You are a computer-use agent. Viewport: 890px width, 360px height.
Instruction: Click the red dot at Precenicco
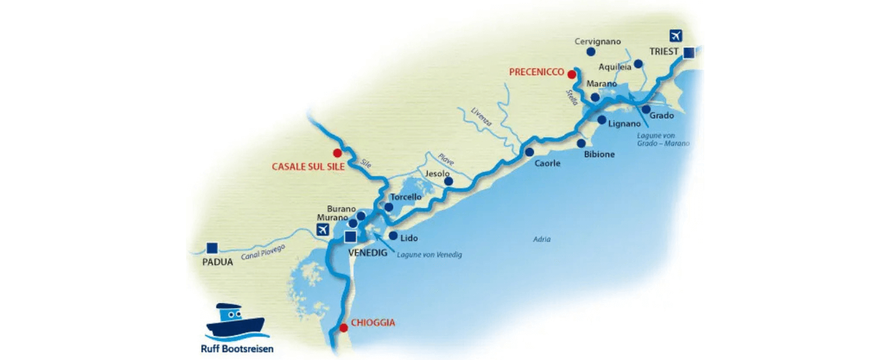point(572,73)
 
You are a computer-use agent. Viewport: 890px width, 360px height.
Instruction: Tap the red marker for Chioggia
point(344,327)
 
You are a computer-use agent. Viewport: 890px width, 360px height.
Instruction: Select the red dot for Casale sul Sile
point(337,153)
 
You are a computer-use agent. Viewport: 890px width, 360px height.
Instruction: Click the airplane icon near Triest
point(676,37)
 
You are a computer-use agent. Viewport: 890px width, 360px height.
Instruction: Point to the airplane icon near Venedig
point(322,229)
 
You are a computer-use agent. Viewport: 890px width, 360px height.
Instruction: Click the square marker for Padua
point(211,247)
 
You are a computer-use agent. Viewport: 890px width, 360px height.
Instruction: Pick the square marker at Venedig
point(351,237)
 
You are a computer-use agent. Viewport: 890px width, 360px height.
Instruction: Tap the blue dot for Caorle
point(529,152)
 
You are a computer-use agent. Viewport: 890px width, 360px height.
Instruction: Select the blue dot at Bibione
point(581,143)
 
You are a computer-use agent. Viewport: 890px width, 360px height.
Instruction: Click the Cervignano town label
point(597,41)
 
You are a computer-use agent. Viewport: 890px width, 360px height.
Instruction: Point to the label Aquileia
point(615,67)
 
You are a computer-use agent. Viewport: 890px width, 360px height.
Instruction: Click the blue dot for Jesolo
point(448,181)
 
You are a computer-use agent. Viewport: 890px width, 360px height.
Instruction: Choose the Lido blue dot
point(393,236)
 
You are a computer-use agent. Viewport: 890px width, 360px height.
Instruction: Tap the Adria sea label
point(541,240)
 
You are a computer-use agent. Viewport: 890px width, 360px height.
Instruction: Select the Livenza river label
point(481,121)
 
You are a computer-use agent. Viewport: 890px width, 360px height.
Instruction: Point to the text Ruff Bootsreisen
point(237,349)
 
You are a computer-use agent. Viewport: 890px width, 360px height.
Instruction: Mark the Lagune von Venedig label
point(429,255)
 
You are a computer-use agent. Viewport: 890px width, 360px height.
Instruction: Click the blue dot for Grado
point(647,109)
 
